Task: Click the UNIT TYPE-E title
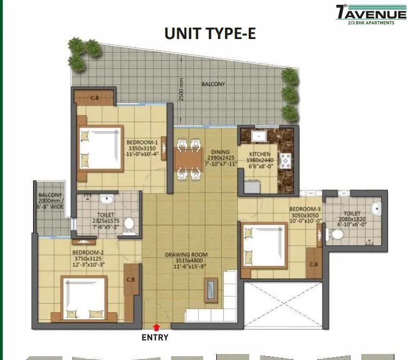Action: (x=210, y=34)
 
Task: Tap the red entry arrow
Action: (x=157, y=327)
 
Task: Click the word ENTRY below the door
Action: (x=155, y=337)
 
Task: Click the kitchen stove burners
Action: (x=284, y=159)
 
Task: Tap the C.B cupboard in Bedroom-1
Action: (x=94, y=98)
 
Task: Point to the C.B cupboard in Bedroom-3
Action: (x=313, y=264)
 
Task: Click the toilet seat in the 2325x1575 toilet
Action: (x=129, y=224)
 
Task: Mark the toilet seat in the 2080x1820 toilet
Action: (x=336, y=234)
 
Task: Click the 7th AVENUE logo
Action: (x=371, y=14)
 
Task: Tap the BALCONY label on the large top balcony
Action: (x=213, y=84)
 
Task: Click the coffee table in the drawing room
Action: (x=211, y=290)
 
